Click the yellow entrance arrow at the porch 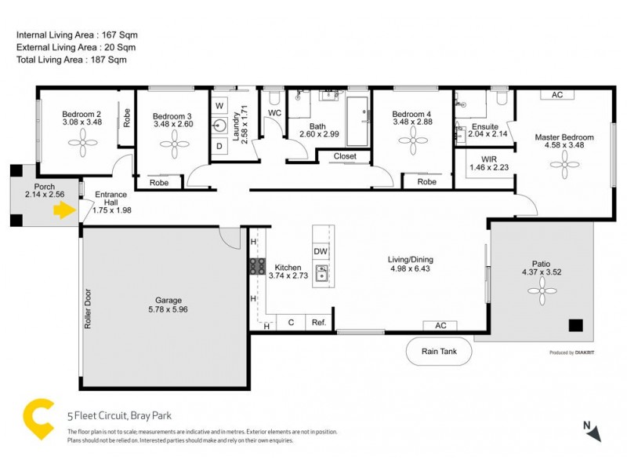point(62,210)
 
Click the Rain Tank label point(439,351)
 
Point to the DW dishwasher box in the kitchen point(320,251)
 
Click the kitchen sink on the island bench point(321,273)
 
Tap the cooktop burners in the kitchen point(257,265)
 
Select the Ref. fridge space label point(318,323)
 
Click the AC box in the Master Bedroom point(557,95)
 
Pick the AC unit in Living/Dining point(440,326)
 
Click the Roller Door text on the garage point(88,310)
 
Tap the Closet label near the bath point(345,156)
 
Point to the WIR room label point(488,159)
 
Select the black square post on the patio point(575,326)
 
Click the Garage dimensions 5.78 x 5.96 point(168,309)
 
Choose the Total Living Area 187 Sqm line point(71,60)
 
